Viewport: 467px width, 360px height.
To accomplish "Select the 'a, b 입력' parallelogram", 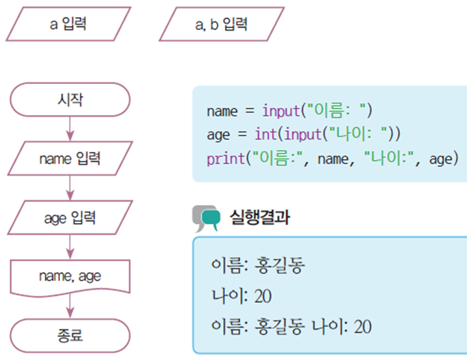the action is (x=222, y=24).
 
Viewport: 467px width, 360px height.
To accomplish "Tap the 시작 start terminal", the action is (x=70, y=99).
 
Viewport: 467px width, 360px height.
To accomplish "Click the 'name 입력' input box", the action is (x=70, y=159).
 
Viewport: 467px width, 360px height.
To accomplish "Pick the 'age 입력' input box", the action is (x=70, y=218).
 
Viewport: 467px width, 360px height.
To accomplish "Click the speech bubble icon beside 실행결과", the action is (x=206, y=218).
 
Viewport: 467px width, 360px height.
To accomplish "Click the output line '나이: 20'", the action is (x=242, y=296).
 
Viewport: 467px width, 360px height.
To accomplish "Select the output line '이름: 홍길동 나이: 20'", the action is (x=292, y=327).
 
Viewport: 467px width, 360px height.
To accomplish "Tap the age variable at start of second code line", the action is (x=218, y=135).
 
